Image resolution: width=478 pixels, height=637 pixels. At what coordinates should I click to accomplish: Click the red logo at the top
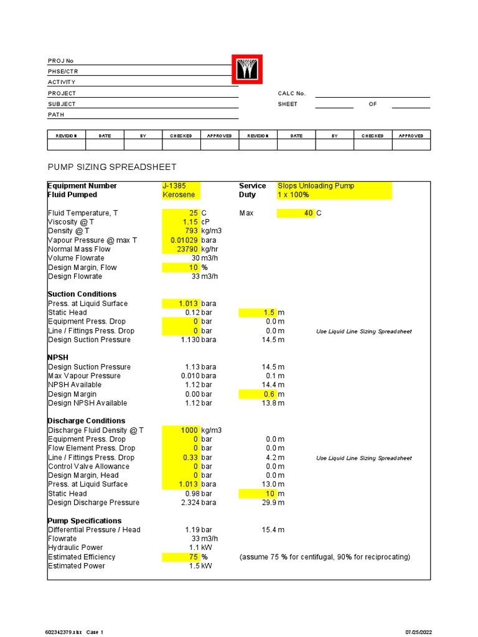pyautogui.click(x=247, y=69)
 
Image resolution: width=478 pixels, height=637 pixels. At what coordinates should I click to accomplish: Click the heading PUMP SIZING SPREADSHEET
pyautogui.click(x=112, y=167)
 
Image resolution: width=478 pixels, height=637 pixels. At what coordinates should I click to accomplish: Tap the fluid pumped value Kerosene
pyautogui.click(x=176, y=195)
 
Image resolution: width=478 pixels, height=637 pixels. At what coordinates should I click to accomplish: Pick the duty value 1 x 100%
pyautogui.click(x=294, y=195)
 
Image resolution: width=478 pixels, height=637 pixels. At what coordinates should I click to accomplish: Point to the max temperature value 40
pyautogui.click(x=309, y=213)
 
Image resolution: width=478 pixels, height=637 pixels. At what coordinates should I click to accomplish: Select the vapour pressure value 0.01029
pyautogui.click(x=184, y=240)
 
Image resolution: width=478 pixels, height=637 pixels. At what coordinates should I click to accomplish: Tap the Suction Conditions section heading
pyautogui.click(x=82, y=294)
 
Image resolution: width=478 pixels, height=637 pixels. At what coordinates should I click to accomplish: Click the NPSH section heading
pyautogui.click(x=58, y=358)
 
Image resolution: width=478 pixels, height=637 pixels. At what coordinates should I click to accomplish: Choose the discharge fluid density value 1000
pyautogui.click(x=189, y=430)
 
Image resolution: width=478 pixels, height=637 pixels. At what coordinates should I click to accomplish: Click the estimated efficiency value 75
pyautogui.click(x=194, y=557)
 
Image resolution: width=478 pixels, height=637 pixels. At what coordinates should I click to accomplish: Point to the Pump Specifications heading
pyautogui.click(x=85, y=521)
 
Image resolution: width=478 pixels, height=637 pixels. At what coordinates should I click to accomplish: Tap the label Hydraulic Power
pyautogui.click(x=76, y=548)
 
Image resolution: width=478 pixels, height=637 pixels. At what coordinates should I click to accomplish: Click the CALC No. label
pyautogui.click(x=292, y=93)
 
